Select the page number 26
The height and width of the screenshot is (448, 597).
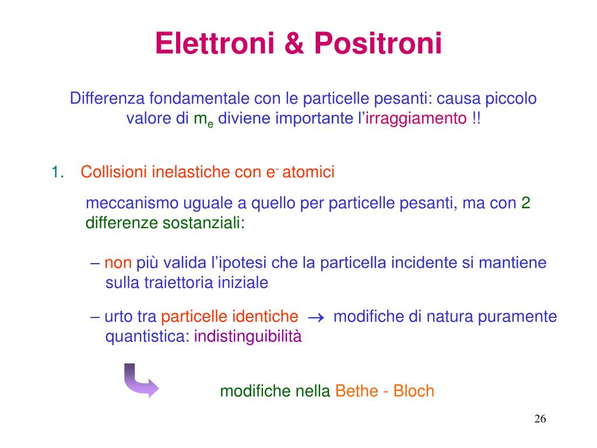[539, 419]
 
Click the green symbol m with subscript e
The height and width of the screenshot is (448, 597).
[203, 120]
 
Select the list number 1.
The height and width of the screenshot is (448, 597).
[57, 172]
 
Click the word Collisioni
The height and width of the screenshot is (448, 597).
[114, 172]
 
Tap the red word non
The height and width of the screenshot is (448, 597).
[118, 262]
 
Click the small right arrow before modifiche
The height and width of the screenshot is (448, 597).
[315, 317]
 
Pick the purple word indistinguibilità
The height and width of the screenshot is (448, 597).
[248, 337]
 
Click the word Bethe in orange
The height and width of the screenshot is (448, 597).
[356, 391]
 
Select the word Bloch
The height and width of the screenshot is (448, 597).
[414, 391]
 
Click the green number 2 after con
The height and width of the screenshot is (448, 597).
[525, 203]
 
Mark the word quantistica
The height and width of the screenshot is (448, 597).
[147, 337]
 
